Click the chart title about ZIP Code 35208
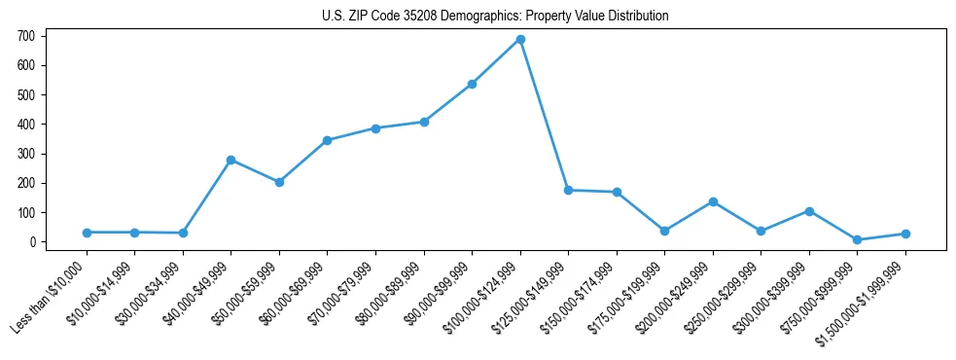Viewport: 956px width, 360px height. pyautogui.click(x=495, y=17)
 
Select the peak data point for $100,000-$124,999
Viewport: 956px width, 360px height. pyautogui.click(x=520, y=40)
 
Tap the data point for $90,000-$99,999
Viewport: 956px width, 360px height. pyautogui.click(x=472, y=84)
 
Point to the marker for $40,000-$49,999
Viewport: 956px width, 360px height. pyautogui.click(x=230, y=160)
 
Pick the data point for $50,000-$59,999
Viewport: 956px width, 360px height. pyautogui.click(x=279, y=182)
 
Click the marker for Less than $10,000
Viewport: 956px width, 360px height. pyautogui.click(x=87, y=233)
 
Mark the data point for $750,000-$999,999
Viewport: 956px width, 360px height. pyautogui.click(x=857, y=239)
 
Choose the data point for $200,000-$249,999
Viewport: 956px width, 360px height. pyautogui.click(x=713, y=201)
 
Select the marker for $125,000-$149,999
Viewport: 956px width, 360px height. pyautogui.click(x=568, y=190)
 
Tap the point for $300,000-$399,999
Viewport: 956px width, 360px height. pyautogui.click(x=809, y=211)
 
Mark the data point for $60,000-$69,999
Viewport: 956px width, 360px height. pyautogui.click(x=327, y=140)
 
